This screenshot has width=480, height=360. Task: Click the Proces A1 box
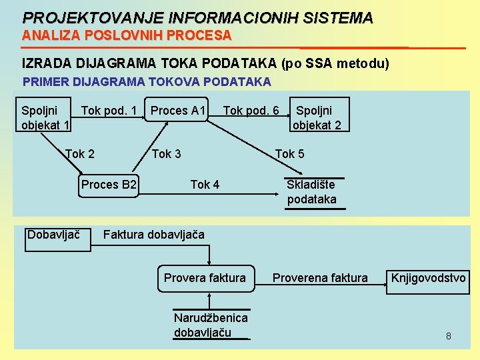tap(178, 110)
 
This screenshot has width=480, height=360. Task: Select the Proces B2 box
tap(109, 185)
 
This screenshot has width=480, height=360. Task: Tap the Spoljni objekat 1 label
tap(45, 117)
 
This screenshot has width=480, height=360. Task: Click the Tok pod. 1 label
tap(109, 110)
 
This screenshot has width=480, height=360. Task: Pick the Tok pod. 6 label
tap(251, 110)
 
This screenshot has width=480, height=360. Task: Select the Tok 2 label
tap(80, 154)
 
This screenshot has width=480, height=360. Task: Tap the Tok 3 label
tap(167, 154)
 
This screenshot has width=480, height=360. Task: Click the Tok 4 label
tap(205, 185)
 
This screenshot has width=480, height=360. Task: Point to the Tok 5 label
tap(290, 154)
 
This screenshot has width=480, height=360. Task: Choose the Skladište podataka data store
tap(312, 192)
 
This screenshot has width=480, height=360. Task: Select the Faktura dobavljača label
tap(154, 235)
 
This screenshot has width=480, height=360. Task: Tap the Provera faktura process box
tap(205, 278)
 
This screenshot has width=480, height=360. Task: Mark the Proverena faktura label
tap(320, 278)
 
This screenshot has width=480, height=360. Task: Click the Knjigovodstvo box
tap(429, 278)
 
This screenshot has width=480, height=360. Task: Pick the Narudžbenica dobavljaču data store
tap(211, 325)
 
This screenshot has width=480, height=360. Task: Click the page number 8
tap(449, 336)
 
